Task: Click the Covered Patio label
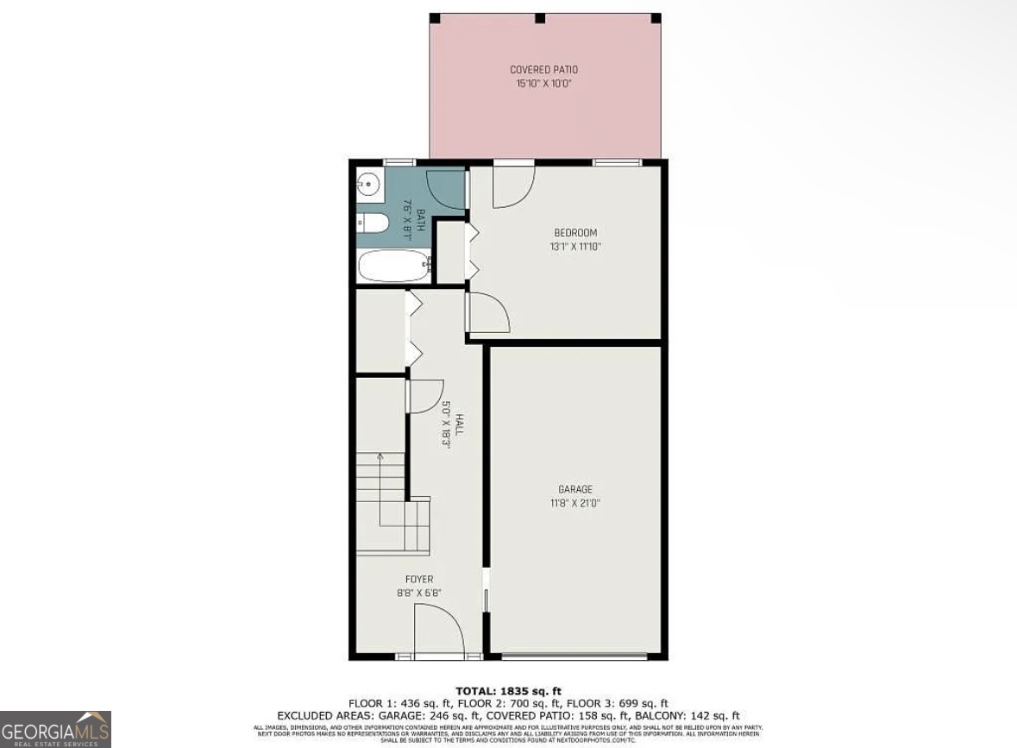click(x=543, y=70)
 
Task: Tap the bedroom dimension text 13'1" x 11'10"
click(x=575, y=247)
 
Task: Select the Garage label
click(x=574, y=489)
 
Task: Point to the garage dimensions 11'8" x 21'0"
click(x=574, y=503)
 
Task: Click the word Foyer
click(x=419, y=579)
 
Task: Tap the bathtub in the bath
click(x=394, y=266)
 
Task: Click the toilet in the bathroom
click(x=373, y=223)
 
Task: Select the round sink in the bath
click(x=368, y=183)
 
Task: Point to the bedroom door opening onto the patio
click(x=512, y=185)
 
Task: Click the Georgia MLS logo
click(x=55, y=729)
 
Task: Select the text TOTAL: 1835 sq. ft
click(x=508, y=691)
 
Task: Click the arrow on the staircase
click(x=380, y=457)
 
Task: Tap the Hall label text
click(x=460, y=423)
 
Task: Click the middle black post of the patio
click(x=540, y=18)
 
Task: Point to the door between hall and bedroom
click(x=487, y=312)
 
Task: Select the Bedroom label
click(x=575, y=233)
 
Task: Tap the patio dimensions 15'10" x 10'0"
click(x=543, y=84)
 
